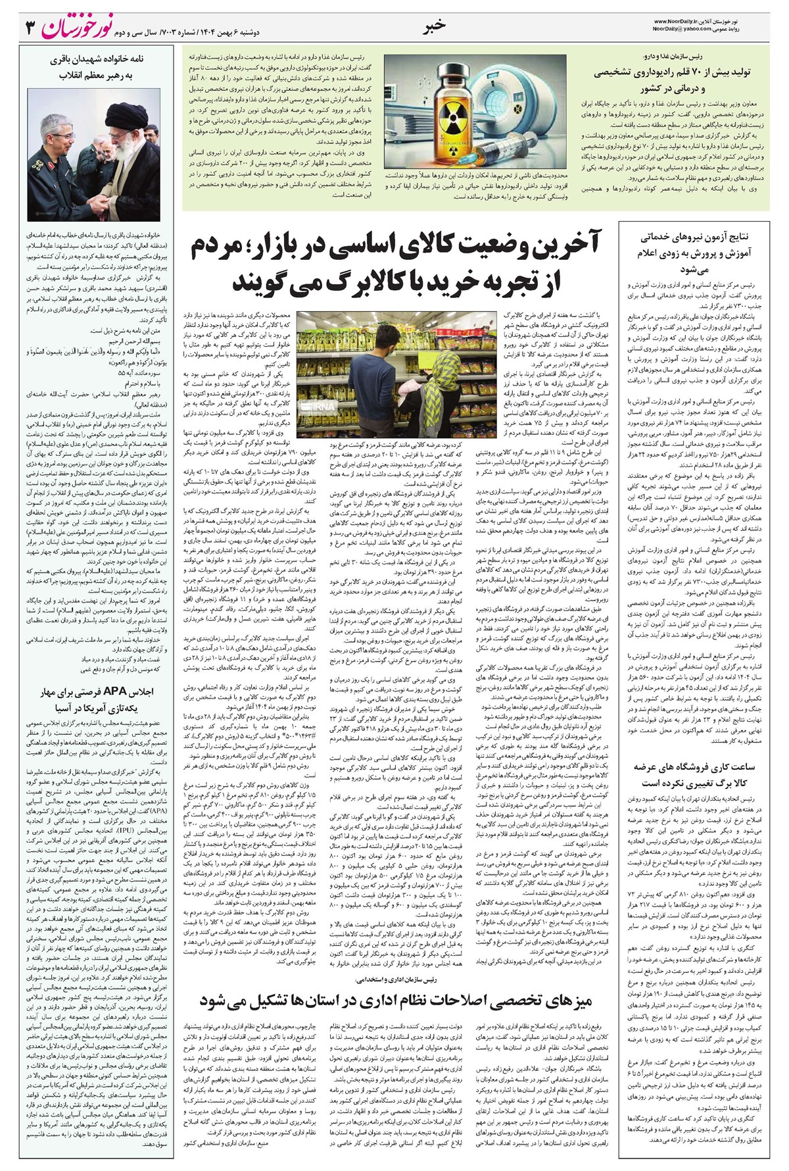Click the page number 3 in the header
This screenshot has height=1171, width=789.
[x=28, y=28]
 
